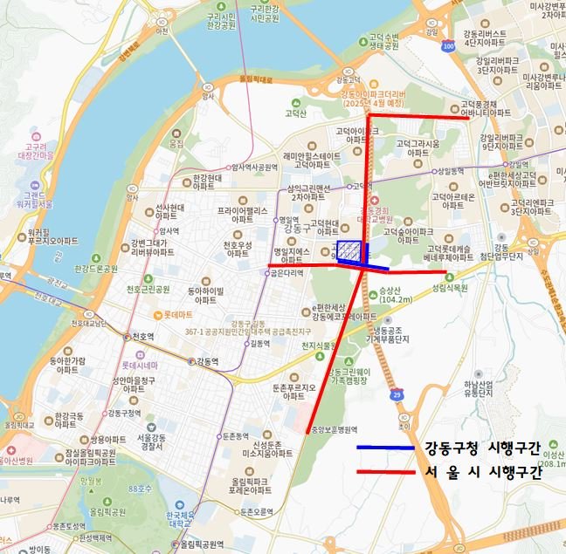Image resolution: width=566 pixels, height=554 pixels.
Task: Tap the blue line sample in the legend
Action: [384, 448]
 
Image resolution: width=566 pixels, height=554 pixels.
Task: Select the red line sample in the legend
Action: [384, 473]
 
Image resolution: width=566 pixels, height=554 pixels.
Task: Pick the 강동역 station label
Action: [207, 360]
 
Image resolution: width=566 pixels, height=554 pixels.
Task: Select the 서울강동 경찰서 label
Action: [153, 442]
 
